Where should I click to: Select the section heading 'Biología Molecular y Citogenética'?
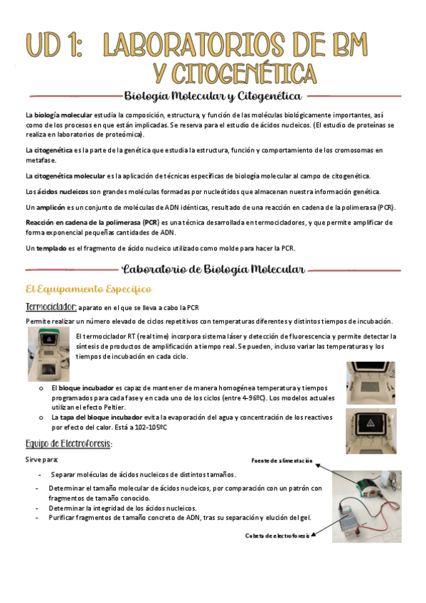click(213, 95)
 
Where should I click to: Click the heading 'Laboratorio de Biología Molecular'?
click(213, 270)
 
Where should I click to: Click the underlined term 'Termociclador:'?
click(50, 307)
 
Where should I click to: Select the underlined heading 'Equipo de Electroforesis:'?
click(68, 444)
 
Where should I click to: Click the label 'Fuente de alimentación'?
click(282, 461)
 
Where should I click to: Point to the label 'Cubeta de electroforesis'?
click(277, 535)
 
